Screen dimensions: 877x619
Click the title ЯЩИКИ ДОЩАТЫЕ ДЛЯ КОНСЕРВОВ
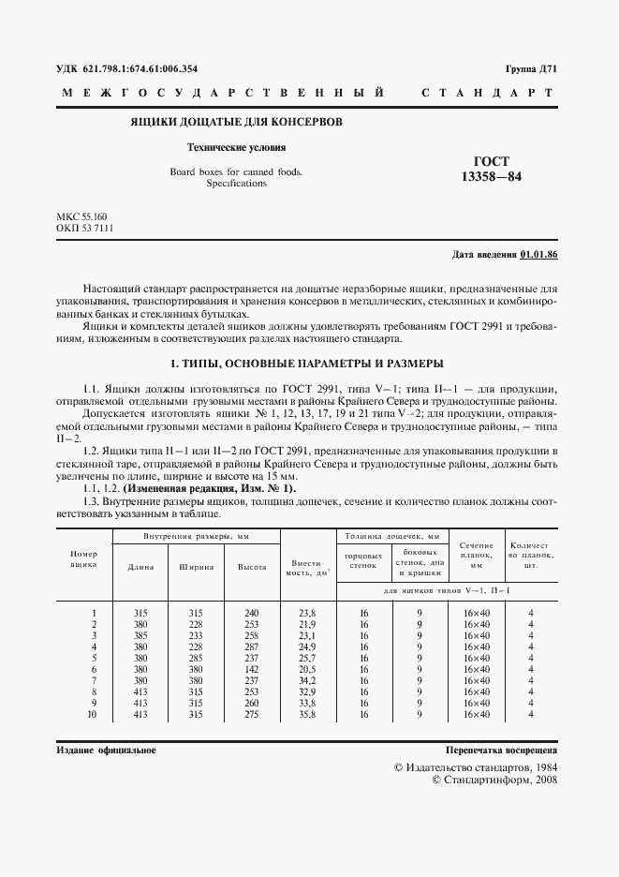click(236, 122)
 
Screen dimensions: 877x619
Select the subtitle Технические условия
click(236, 148)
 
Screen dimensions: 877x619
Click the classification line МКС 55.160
click(81, 216)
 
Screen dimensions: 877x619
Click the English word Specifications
click(236, 184)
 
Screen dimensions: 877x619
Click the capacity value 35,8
click(307, 715)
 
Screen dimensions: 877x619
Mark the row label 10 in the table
click(93, 715)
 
